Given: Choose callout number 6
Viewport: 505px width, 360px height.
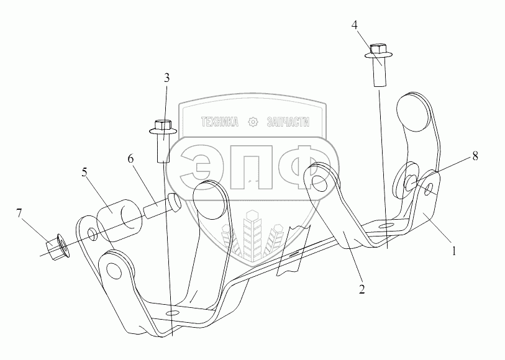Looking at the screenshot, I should (131, 160).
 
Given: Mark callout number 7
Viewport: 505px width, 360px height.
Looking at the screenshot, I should (20, 215).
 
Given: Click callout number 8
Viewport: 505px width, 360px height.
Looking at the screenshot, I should (475, 156).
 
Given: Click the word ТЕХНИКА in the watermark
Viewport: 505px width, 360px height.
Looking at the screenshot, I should (219, 122).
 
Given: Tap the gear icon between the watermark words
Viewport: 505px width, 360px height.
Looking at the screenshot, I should (253, 122).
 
